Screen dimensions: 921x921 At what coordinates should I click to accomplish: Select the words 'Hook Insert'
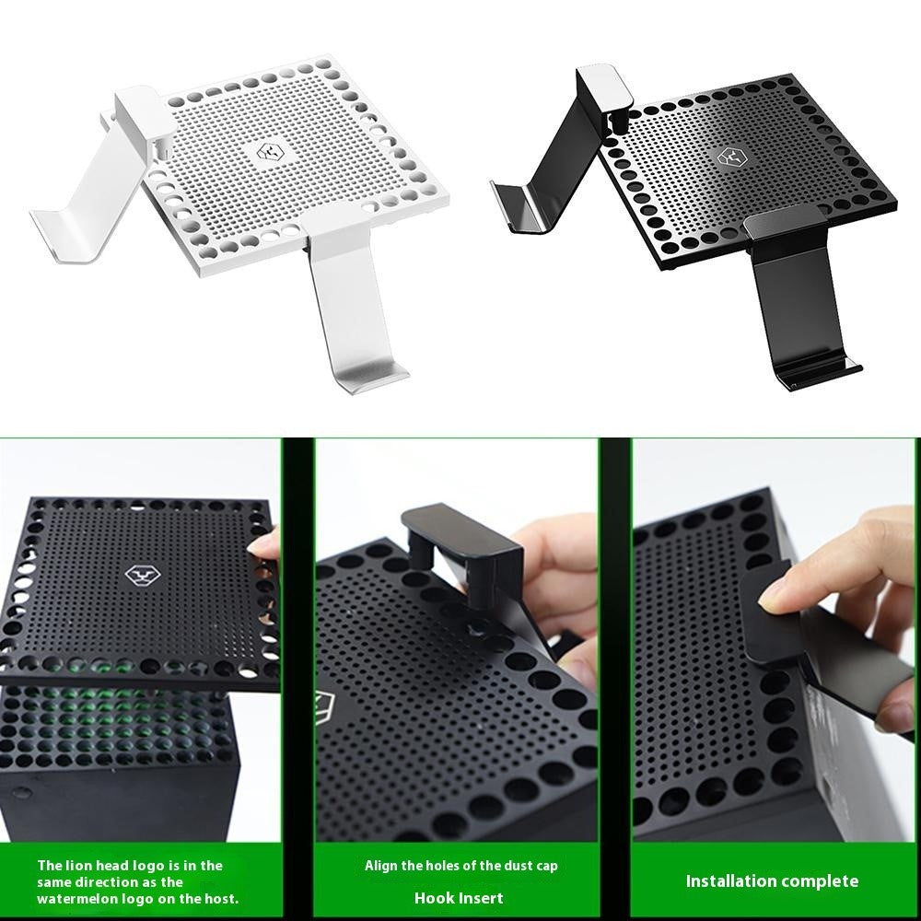pyautogui.click(x=459, y=898)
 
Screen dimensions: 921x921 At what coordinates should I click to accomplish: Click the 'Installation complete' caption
pyautogui.click(x=772, y=881)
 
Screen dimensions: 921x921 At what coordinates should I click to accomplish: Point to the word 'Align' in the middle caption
pyautogui.click(x=381, y=866)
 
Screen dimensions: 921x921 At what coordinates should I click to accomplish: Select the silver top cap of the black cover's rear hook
pyautogui.click(x=604, y=88)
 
